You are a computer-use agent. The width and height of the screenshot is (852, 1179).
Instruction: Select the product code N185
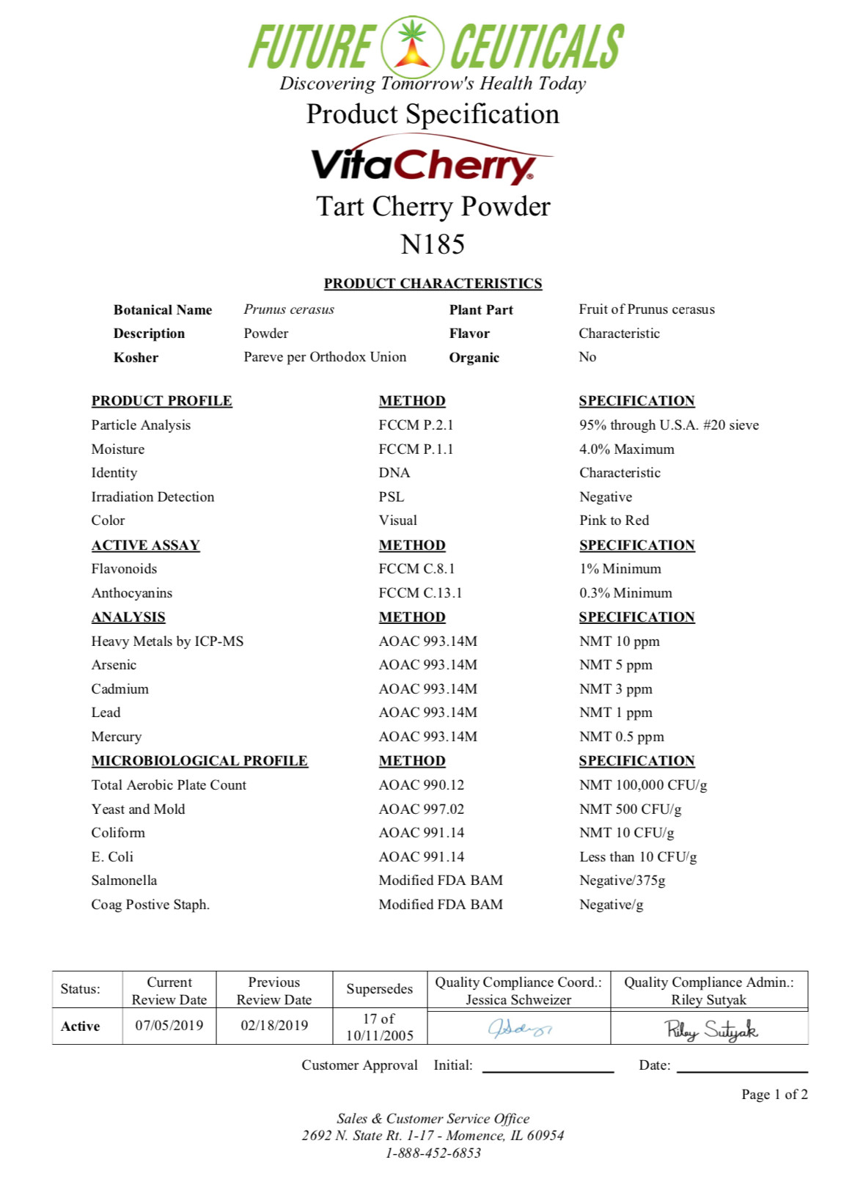[433, 244]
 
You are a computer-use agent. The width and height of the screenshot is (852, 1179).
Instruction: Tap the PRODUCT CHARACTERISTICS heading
[433, 284]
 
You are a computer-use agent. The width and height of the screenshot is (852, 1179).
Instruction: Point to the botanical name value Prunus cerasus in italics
[289, 309]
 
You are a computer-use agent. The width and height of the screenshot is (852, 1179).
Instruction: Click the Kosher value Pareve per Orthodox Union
[325, 357]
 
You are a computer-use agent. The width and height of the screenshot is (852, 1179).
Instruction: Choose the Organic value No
[587, 357]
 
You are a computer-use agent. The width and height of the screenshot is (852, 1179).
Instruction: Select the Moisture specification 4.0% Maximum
[626, 449]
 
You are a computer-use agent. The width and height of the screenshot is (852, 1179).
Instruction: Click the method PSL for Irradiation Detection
[392, 496]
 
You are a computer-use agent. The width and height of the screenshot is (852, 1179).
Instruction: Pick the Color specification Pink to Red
[614, 521]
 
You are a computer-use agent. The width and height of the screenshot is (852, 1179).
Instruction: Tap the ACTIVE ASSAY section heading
[145, 545]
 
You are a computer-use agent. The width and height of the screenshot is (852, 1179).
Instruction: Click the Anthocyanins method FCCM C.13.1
[420, 592]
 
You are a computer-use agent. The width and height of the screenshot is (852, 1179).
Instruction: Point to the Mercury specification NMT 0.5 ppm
[621, 736]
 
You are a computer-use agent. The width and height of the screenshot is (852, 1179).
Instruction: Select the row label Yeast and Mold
[138, 809]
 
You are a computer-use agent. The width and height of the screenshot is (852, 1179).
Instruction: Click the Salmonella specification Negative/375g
[622, 880]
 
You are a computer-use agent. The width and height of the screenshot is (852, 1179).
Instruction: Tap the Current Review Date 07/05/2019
[169, 1025]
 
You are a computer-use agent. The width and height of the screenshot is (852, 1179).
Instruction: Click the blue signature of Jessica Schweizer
[519, 1028]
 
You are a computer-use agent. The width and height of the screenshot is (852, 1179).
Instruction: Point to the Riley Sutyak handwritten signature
[710, 1029]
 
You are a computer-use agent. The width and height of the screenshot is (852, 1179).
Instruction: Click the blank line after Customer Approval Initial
[548, 1066]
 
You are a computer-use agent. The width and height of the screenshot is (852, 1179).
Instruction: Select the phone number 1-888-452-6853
[433, 1153]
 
